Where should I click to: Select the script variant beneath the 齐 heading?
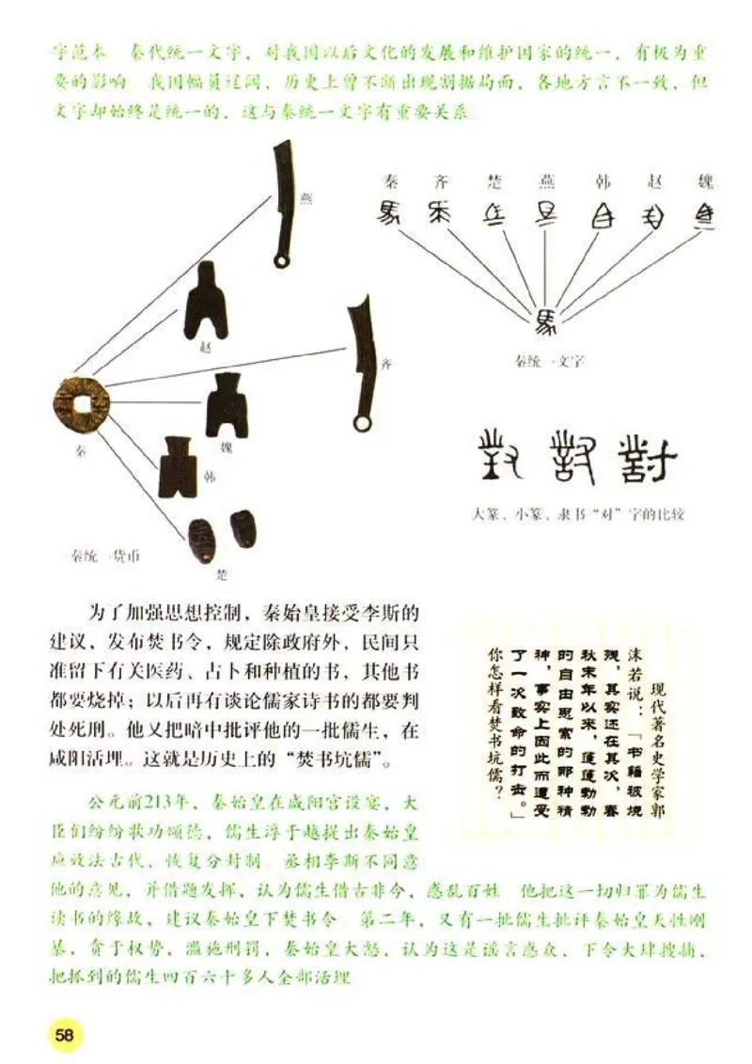[x=440, y=213]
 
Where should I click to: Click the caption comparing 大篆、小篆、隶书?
[x=582, y=513]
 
